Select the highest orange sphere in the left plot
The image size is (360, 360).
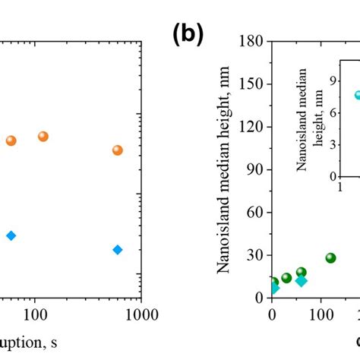[x=43, y=136]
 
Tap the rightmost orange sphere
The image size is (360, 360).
[x=117, y=150]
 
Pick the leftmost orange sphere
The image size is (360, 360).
[x=11, y=140]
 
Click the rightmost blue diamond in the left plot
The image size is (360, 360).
[x=117, y=249]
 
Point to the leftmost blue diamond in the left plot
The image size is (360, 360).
[x=11, y=235]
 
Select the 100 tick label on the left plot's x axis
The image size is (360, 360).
[x=33, y=314]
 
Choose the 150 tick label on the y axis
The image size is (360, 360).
[x=252, y=85]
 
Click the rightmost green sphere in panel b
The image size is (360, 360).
[x=331, y=257]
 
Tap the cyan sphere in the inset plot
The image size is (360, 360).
[x=358, y=96]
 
